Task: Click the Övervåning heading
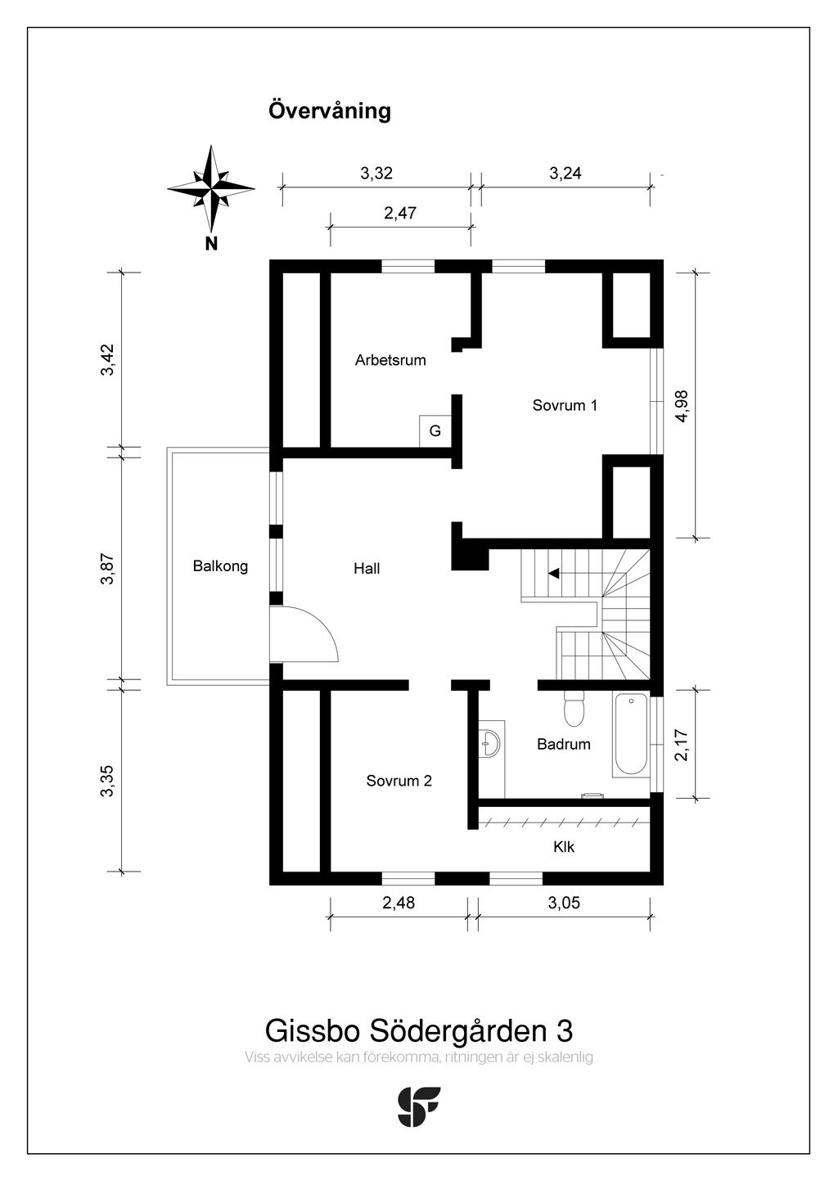329,110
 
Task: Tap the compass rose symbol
211,188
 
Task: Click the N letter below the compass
211,243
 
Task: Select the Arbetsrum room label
390,360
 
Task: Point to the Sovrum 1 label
565,405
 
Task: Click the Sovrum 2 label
399,781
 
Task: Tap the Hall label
367,569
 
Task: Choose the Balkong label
220,566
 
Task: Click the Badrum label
563,744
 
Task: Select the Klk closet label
564,847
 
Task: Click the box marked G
435,431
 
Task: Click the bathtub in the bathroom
630,735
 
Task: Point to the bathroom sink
491,741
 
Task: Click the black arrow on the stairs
554,574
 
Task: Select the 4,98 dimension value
682,405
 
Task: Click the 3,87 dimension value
107,569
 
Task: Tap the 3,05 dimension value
564,903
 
